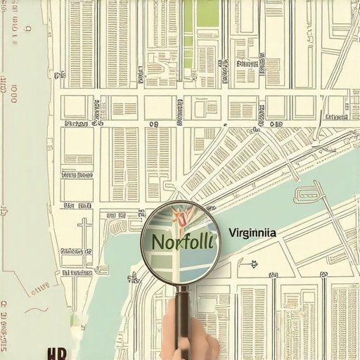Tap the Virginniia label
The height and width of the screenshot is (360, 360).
(x=252, y=233)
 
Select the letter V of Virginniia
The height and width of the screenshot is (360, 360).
(x=233, y=233)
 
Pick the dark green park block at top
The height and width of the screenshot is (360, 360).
(x=207, y=13)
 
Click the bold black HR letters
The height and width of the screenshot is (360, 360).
(x=57, y=353)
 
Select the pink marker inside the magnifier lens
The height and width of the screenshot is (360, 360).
(x=181, y=217)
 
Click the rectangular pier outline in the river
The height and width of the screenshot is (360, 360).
(x=308, y=193)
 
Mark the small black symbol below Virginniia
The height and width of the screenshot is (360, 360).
(x=253, y=264)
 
